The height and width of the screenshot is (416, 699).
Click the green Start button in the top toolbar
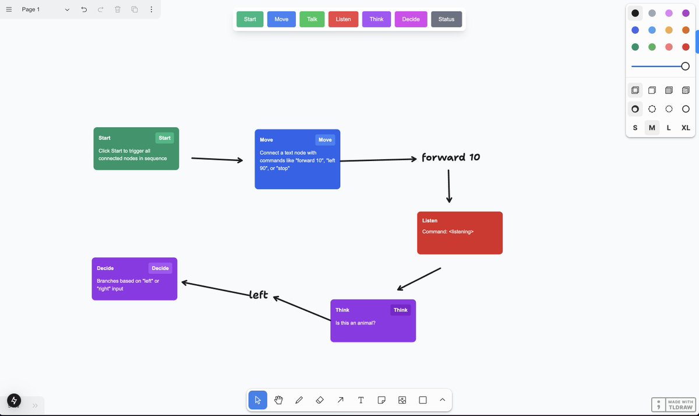(x=250, y=19)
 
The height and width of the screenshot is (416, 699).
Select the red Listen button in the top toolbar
(x=343, y=19)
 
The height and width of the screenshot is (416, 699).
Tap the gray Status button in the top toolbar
(x=446, y=19)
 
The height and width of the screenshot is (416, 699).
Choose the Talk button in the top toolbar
(x=312, y=19)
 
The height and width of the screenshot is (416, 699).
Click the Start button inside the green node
(x=165, y=138)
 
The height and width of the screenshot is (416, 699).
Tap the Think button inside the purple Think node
(x=400, y=310)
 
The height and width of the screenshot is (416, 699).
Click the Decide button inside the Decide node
(x=160, y=268)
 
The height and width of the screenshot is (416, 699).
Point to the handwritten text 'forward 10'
(x=451, y=158)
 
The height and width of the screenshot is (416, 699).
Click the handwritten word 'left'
(x=259, y=295)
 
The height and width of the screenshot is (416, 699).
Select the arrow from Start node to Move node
(x=217, y=159)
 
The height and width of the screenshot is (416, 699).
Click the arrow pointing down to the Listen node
(x=449, y=186)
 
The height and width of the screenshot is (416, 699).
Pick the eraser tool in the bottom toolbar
(x=319, y=400)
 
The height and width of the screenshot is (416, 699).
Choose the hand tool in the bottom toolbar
(x=278, y=400)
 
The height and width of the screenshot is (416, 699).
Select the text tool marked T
(x=361, y=400)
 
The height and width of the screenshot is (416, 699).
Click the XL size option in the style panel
(x=686, y=128)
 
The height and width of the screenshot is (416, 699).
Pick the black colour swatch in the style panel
(x=635, y=13)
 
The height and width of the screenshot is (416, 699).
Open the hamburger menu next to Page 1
(x=9, y=9)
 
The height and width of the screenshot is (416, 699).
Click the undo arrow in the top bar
(x=84, y=9)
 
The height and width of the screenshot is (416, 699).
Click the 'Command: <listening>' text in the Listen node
(x=448, y=232)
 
